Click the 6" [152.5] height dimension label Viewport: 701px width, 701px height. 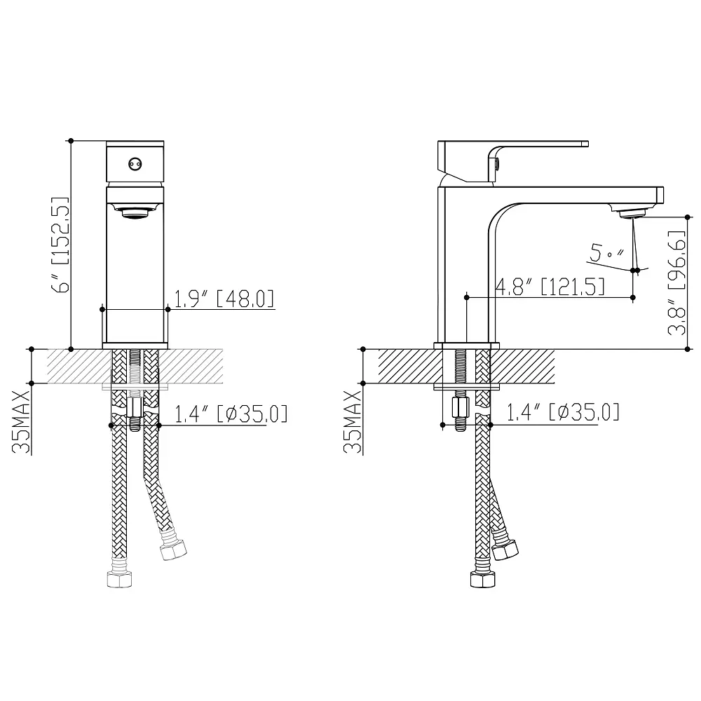coord(61,245)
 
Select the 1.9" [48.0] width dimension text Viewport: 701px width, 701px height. coord(224,299)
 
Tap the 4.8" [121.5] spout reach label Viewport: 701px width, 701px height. coord(550,286)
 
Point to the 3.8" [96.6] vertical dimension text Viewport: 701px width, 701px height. coord(676,283)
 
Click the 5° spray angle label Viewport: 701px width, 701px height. coord(606,252)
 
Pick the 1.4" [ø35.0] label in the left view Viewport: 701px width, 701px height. coord(231,414)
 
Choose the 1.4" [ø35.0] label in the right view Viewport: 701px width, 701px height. coord(563,411)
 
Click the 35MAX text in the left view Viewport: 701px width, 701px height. coord(21,422)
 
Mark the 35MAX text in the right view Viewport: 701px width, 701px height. coord(353,422)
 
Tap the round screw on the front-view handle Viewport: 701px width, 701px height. coord(135,165)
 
